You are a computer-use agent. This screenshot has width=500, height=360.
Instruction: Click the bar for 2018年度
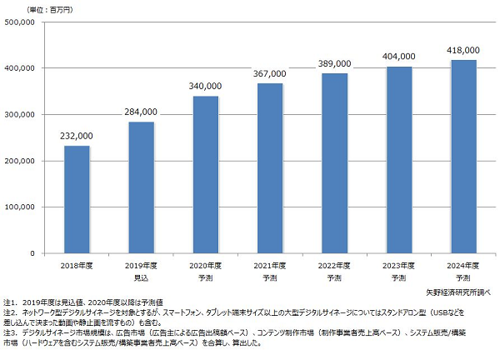click(77, 200)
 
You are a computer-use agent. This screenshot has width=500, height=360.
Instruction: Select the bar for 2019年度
click(141, 187)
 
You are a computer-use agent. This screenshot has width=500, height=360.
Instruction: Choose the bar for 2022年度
click(334, 163)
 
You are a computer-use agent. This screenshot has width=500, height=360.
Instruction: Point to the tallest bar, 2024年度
click(463, 157)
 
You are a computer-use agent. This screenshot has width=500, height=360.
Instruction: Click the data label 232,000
click(77, 137)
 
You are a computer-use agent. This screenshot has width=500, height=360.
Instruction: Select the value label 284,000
click(141, 112)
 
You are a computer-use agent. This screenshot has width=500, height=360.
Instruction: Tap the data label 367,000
click(270, 74)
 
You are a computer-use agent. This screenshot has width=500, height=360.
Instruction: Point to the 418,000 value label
click(463, 50)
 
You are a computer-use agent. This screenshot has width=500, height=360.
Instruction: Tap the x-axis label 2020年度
click(206, 265)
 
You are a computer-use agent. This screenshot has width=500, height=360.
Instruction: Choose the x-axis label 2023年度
click(399, 265)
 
